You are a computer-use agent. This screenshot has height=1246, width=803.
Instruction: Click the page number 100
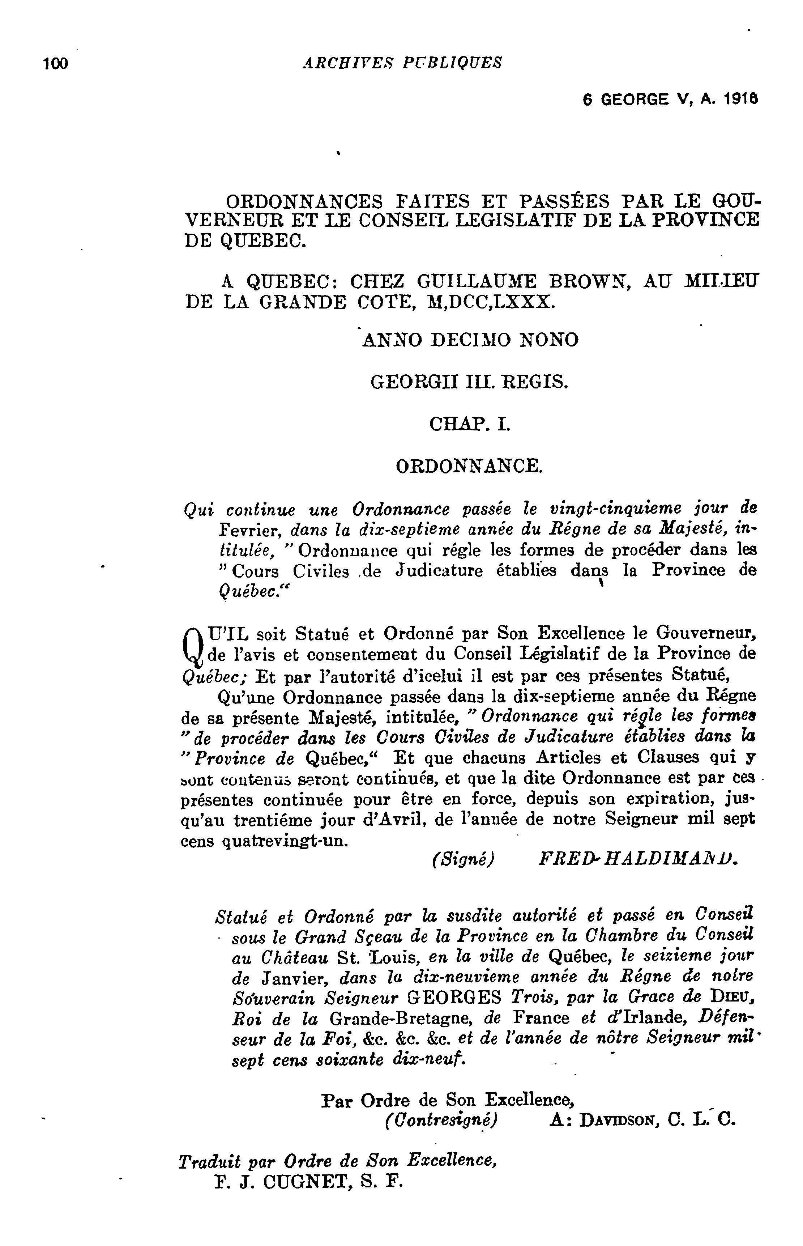[x=56, y=64]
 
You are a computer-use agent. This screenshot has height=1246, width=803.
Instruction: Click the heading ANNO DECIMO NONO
[x=470, y=341]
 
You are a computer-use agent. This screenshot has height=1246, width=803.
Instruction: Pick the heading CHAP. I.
[x=469, y=425]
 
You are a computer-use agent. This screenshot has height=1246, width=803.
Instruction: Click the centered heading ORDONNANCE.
[x=469, y=466]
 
